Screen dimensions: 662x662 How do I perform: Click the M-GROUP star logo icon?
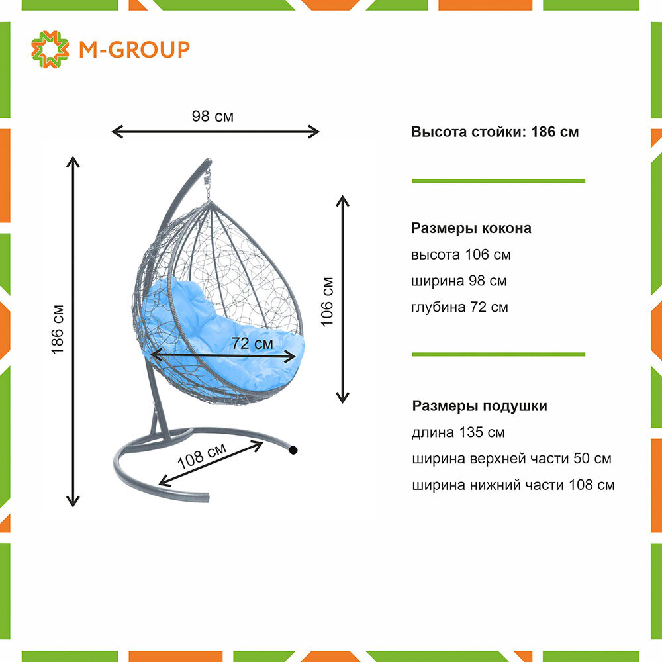tap(50, 49)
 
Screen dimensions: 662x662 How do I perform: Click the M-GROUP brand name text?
tap(134, 49)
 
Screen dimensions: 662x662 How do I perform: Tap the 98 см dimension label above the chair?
tap(213, 117)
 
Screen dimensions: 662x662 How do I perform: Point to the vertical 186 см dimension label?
tap(58, 329)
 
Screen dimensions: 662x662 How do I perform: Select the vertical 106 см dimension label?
tap(326, 301)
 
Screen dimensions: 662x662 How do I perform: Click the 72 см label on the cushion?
tap(252, 344)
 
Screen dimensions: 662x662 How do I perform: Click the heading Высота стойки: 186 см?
tap(495, 132)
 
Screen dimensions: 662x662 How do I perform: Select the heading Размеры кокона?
tap(471, 228)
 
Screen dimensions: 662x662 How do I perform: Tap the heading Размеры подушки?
tap(479, 406)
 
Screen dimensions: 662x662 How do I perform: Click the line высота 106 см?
tap(461, 255)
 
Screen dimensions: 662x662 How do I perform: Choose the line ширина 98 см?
tap(459, 281)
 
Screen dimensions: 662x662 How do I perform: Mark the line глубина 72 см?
tap(459, 307)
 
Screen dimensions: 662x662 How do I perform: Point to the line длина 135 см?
tap(458, 432)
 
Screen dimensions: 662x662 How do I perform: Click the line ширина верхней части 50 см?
tap(511, 459)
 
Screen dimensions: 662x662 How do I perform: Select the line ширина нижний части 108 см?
tap(512, 485)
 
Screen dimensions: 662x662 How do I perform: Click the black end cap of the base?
tap(293, 450)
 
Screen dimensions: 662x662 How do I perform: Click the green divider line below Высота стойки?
tap(498, 180)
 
